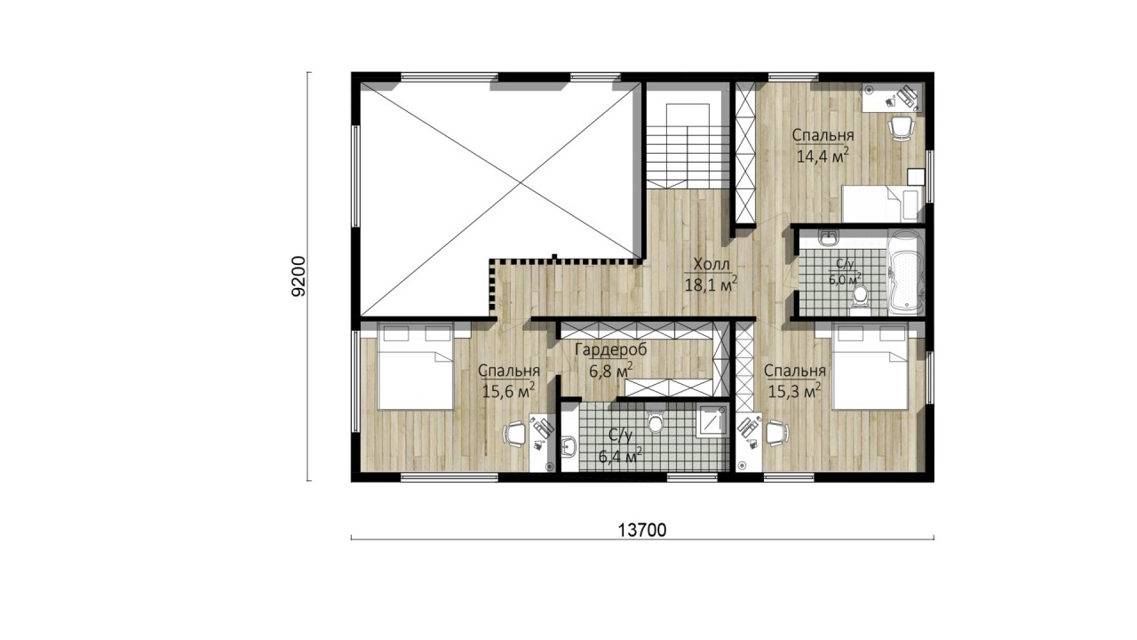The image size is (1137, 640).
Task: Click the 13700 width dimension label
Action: [641, 530]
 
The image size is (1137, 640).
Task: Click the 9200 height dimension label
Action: [299, 276]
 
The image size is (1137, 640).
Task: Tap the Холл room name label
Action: [712, 264]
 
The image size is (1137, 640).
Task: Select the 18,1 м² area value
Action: [712, 284]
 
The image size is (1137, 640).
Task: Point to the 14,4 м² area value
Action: [823, 156]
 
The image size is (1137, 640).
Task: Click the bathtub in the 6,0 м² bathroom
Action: [905, 272]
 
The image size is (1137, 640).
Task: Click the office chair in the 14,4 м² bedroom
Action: [900, 126]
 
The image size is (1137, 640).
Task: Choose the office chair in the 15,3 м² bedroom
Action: [777, 434]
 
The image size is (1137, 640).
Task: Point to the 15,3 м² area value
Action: [795, 391]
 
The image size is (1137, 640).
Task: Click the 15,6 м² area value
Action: [509, 391]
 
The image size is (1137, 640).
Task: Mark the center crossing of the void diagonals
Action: [518, 185]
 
